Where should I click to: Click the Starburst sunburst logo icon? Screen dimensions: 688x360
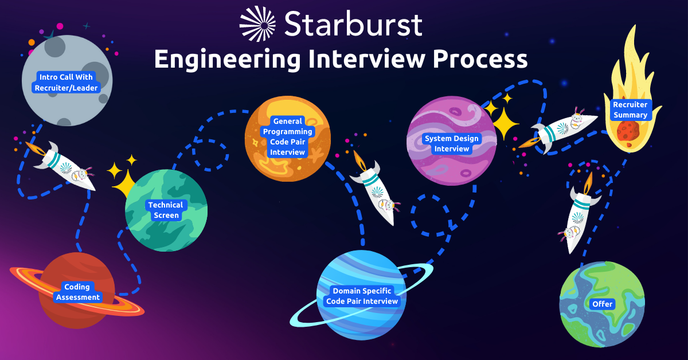pyautogui.click(x=257, y=24)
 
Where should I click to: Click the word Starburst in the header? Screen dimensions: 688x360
pyautogui.click(x=354, y=24)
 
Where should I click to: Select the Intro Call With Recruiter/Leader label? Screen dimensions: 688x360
pyautogui.click(x=66, y=83)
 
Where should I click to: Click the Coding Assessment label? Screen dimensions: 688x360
pyautogui.click(x=78, y=292)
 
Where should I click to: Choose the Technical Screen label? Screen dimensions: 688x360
pyautogui.click(x=166, y=210)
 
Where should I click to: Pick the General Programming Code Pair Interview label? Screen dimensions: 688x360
pyautogui.click(x=287, y=136)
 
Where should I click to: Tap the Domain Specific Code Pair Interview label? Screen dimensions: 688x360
pyautogui.click(x=362, y=296)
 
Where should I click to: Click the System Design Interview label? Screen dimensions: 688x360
pyautogui.click(x=452, y=144)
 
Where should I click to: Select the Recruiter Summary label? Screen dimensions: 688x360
pyautogui.click(x=630, y=109)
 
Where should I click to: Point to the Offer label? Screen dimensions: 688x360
pyautogui.click(x=603, y=304)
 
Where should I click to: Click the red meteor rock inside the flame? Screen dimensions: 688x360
pyautogui.click(x=628, y=131)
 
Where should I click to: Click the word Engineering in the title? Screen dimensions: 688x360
pyautogui.click(x=227, y=60)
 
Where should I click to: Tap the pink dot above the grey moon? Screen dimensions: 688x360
pyautogui.click(x=60, y=26)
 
